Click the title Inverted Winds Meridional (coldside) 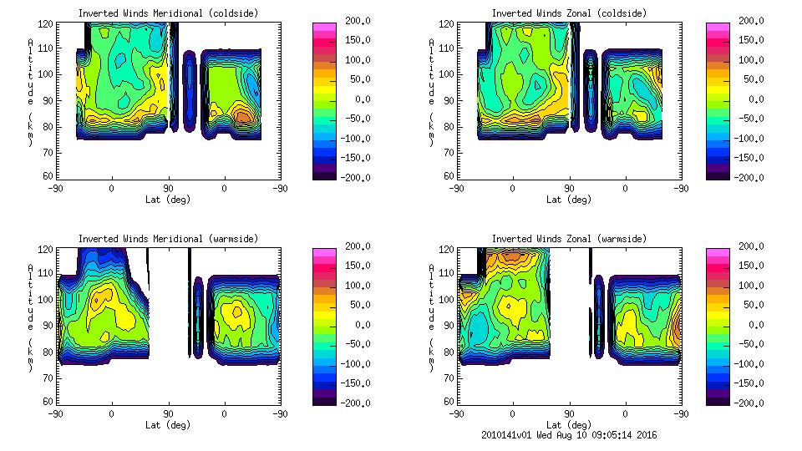pyautogui.click(x=168, y=13)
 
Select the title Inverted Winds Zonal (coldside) pyautogui.click(x=569, y=13)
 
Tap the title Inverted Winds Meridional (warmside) pyautogui.click(x=168, y=239)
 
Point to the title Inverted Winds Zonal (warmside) pyautogui.click(x=569, y=239)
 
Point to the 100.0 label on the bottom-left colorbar pyautogui.click(x=352, y=286)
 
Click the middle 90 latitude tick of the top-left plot pyautogui.click(x=168, y=188)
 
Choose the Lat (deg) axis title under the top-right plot pyautogui.click(x=569, y=200)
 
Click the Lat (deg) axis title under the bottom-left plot pyautogui.click(x=168, y=425)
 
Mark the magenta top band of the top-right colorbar pyautogui.click(x=717, y=28)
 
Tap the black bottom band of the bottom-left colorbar pyautogui.click(x=322, y=400)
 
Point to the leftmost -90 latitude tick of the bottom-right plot pyautogui.click(x=456, y=413)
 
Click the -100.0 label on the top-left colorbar pyautogui.click(x=352, y=139)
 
